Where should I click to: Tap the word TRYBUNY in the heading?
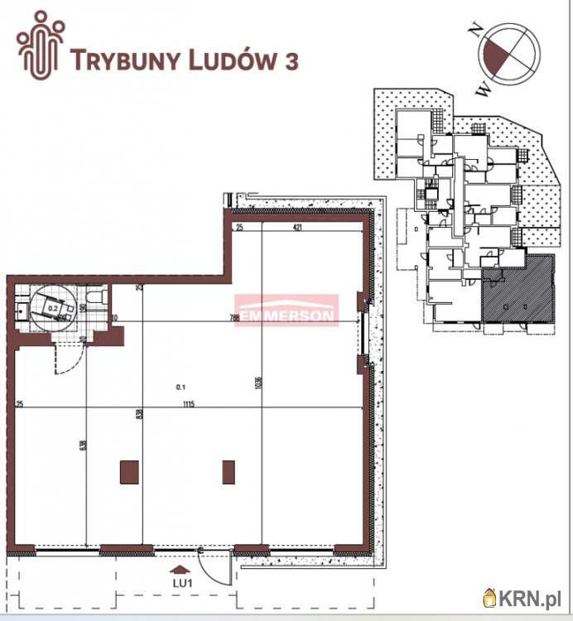[128, 60]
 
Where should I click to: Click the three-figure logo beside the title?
[41, 45]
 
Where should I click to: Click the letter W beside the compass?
[484, 85]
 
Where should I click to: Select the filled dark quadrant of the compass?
[496, 60]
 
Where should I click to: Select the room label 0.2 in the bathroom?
[53, 308]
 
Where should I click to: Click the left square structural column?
[129, 472]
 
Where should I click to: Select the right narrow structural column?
[229, 472]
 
